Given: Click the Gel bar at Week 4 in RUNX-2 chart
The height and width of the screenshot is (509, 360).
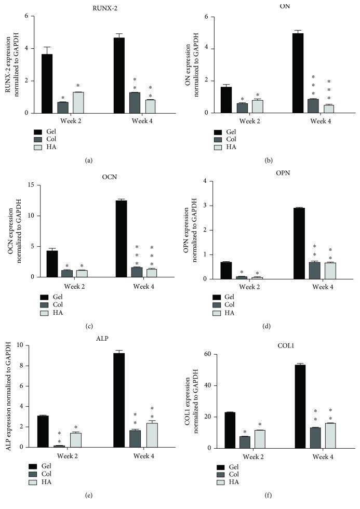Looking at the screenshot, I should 119,75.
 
